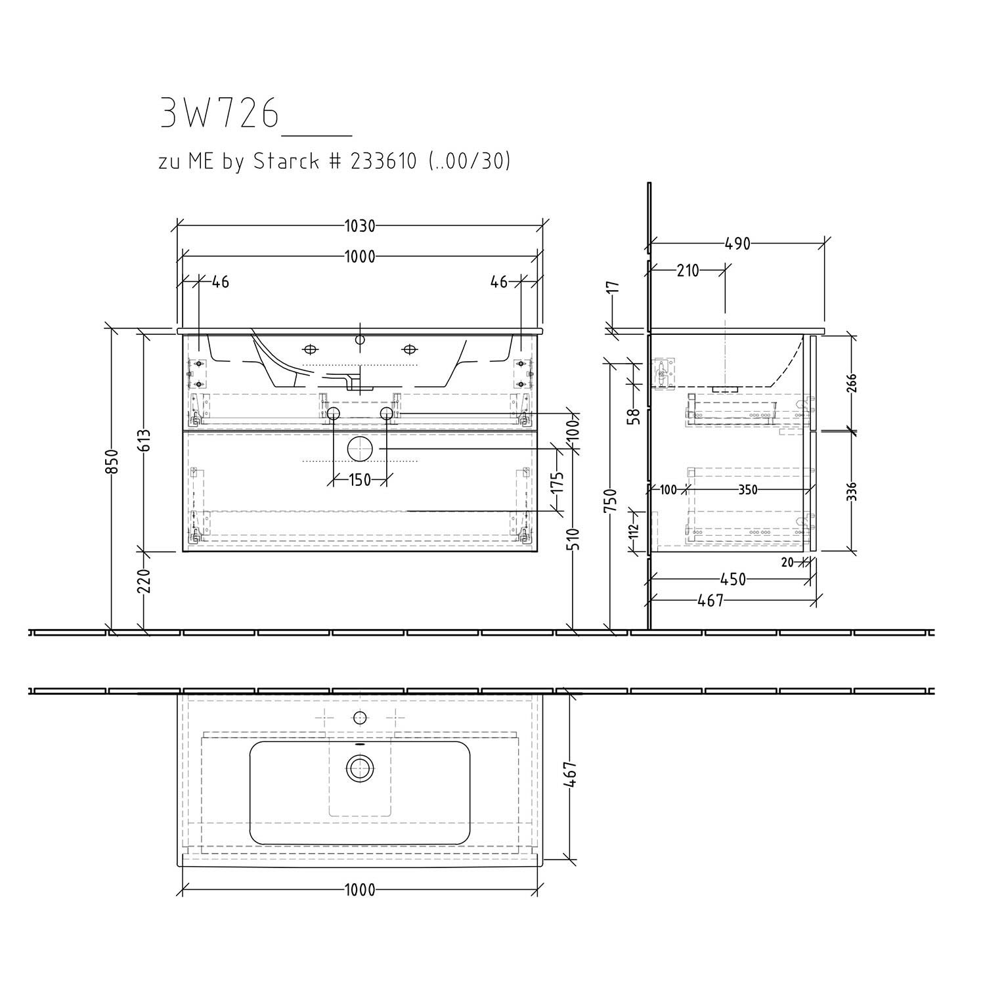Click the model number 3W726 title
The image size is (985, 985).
[x=219, y=114]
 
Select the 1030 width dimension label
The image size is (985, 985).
[x=360, y=227]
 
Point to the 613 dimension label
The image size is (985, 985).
[x=145, y=441]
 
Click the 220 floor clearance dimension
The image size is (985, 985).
[x=145, y=581]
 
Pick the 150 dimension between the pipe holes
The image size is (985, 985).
[x=360, y=480]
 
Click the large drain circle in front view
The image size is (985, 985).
[x=360, y=450]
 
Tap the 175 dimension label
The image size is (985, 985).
[x=557, y=485]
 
